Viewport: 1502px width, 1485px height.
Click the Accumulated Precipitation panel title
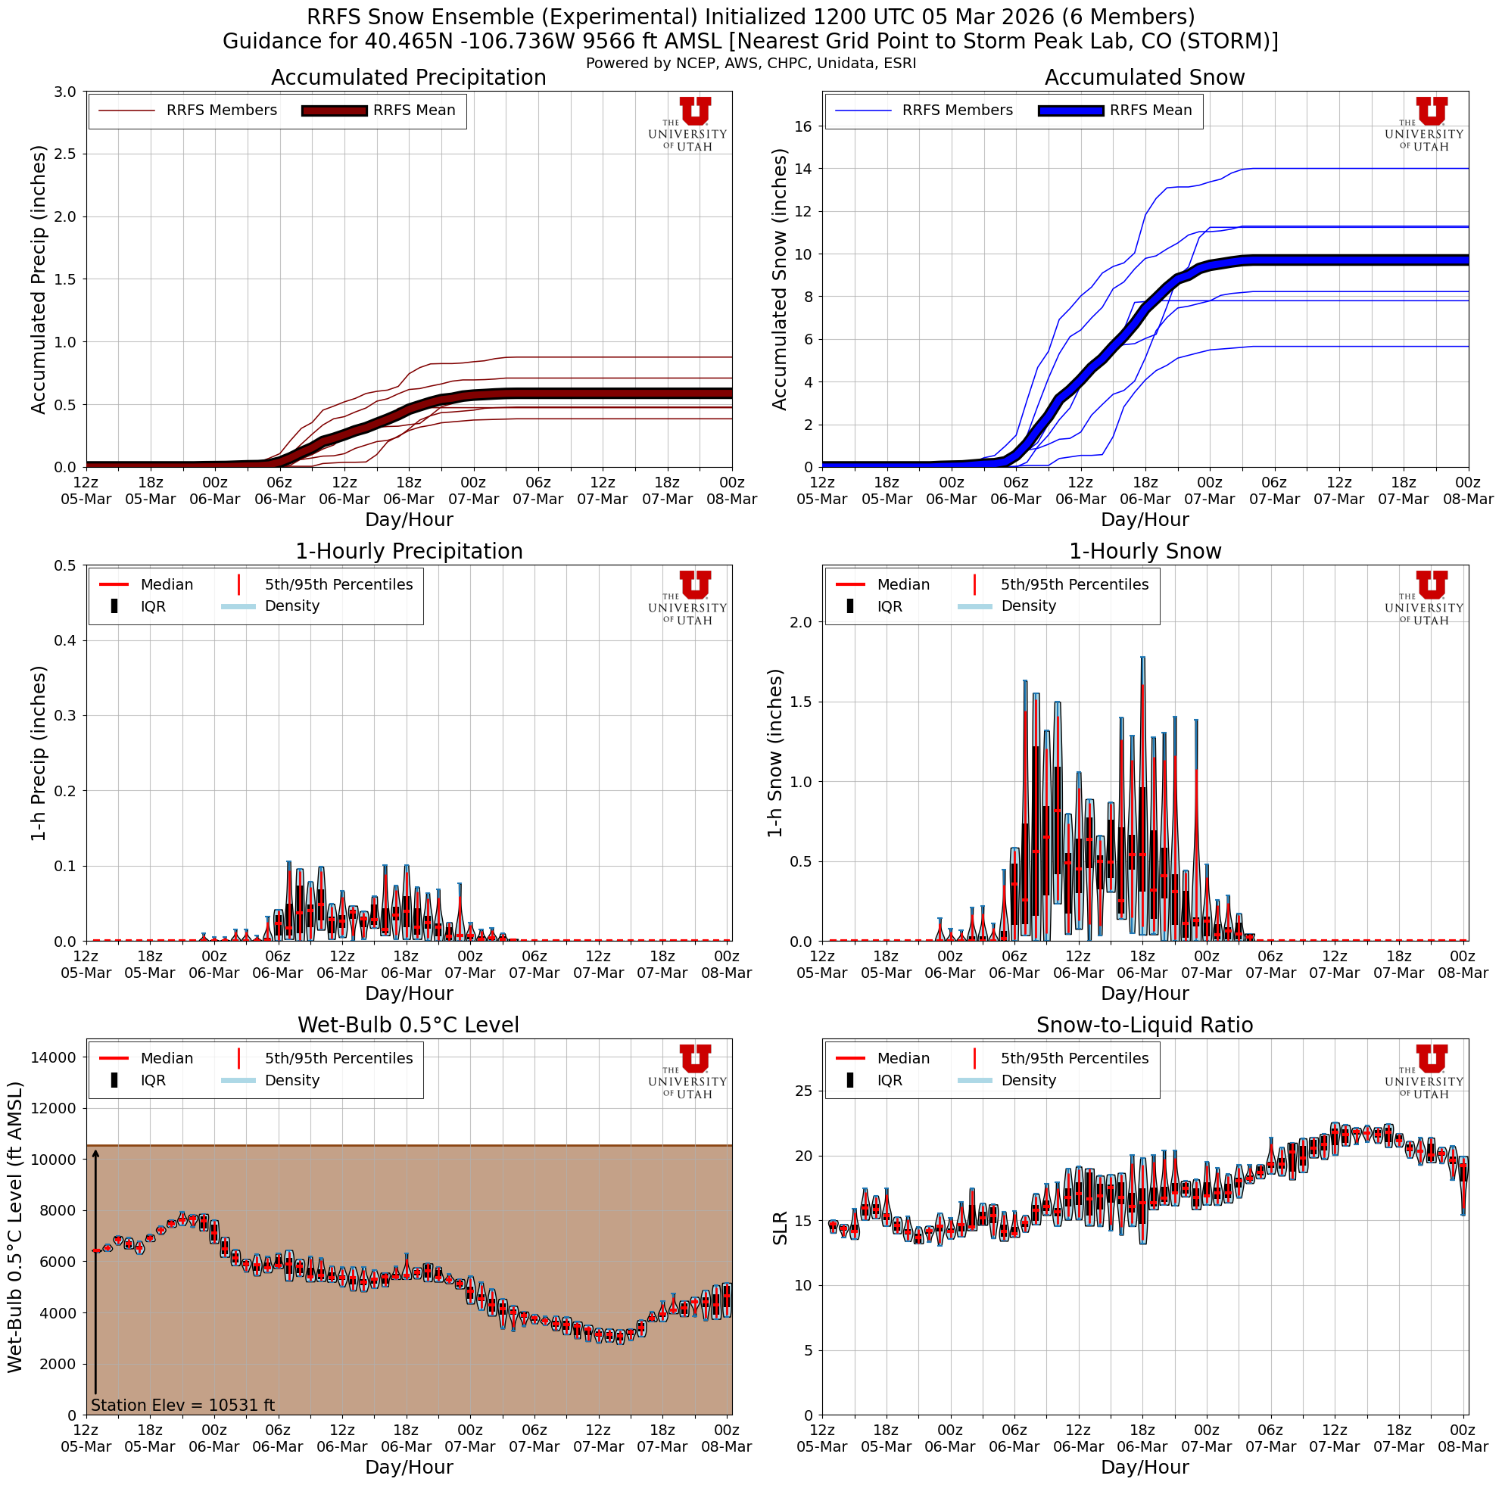pos(408,78)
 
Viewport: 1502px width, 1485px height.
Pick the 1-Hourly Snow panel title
pos(1145,552)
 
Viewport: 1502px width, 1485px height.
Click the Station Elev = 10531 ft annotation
pos(182,1405)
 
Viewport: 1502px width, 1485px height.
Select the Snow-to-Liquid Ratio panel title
pos(1145,1026)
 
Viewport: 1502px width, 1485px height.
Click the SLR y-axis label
pos(780,1228)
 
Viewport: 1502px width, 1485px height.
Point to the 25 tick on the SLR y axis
pos(804,1091)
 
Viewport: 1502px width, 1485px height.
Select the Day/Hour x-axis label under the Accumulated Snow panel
pos(1145,520)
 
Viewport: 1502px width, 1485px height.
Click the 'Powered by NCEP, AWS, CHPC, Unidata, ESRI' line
pos(751,64)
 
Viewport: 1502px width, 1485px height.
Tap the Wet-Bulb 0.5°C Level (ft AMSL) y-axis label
pos(16,1228)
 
